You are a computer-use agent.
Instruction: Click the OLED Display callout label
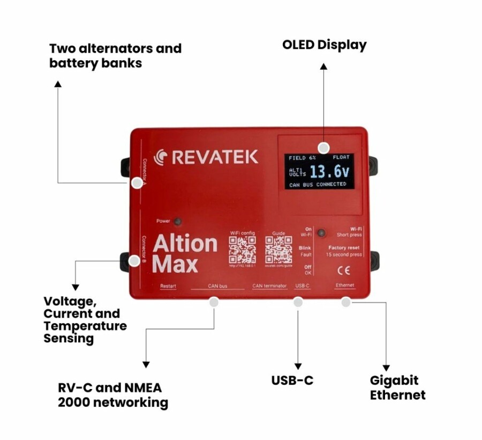pos(324,45)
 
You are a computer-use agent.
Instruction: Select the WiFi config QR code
pos(242,250)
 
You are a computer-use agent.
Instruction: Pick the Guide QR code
pos(278,250)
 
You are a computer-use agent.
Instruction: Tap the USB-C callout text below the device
pos(292,380)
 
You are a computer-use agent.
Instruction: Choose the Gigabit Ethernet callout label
pos(397,388)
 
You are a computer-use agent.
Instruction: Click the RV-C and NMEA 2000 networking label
pos(112,395)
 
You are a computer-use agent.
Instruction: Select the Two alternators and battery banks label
pos(115,55)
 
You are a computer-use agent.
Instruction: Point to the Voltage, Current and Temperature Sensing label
pos(85,320)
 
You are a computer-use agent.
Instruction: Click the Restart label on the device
pos(168,286)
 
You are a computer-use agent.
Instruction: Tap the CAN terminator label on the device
pos(269,286)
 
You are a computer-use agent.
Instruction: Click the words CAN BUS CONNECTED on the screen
pos(318,185)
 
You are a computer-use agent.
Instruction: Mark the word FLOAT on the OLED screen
pos(341,157)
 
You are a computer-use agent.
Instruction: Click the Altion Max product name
pos(184,253)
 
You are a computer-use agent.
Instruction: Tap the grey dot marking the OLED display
pos(323,148)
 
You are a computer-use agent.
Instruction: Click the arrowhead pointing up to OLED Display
pos(323,66)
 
